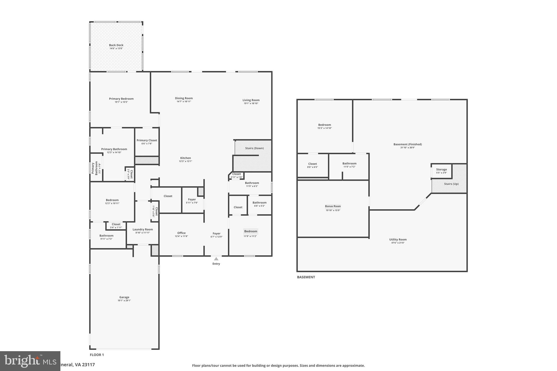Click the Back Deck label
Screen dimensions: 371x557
pyautogui.click(x=116, y=45)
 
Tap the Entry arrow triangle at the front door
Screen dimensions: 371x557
pyautogui.click(x=216, y=259)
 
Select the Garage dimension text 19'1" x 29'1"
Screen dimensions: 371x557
pyautogui.click(x=124, y=301)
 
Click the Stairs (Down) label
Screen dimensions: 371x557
pyautogui.click(x=254, y=148)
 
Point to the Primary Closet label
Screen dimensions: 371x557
pyautogui.click(x=147, y=141)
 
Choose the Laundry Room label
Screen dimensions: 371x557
pyautogui.click(x=143, y=229)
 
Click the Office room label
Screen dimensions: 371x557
pyautogui.click(x=181, y=233)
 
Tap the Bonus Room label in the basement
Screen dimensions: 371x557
pyautogui.click(x=333, y=206)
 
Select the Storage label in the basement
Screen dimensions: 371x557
pyautogui.click(x=441, y=170)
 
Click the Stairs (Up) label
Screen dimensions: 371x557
pyautogui.click(x=451, y=184)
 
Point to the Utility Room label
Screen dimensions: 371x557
pyautogui.click(x=398, y=240)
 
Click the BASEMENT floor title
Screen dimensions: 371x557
pyautogui.click(x=306, y=277)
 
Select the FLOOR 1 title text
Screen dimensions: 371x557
pyautogui.click(x=97, y=355)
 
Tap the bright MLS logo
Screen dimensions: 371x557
pyautogui.click(x=30, y=361)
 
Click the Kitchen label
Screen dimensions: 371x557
pyautogui.click(x=185, y=158)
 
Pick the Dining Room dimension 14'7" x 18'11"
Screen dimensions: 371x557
pyautogui.click(x=184, y=102)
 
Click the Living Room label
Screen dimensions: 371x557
pyautogui.click(x=251, y=100)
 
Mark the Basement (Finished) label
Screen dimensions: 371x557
pyautogui.click(x=407, y=144)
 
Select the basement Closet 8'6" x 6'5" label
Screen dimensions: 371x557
pyautogui.click(x=312, y=164)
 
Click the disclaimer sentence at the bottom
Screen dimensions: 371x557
pyautogui.click(x=278, y=366)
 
